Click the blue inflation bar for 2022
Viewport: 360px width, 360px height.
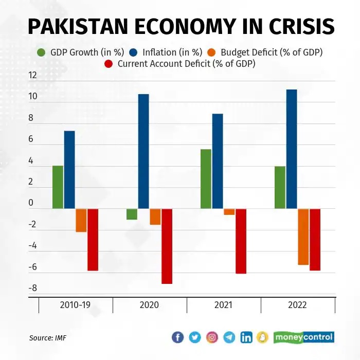(292, 149)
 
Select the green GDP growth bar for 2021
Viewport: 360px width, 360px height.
(206, 179)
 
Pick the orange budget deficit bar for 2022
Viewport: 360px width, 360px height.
(303, 237)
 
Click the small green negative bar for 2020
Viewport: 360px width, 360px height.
(132, 214)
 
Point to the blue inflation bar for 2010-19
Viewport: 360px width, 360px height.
(69, 170)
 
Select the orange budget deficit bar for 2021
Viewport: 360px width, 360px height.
(229, 212)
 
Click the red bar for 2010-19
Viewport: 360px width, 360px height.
(93, 240)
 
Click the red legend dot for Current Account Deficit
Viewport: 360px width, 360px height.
(109, 64)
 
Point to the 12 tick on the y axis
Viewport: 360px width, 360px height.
(33, 76)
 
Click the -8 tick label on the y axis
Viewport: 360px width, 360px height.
(33, 289)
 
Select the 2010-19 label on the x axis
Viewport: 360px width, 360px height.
(76, 305)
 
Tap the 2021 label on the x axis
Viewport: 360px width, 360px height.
(224, 305)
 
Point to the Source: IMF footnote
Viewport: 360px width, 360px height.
(48, 338)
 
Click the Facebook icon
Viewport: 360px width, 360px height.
(177, 337)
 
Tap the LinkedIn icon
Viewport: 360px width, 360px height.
(246, 337)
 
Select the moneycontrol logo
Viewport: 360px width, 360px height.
(304, 337)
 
